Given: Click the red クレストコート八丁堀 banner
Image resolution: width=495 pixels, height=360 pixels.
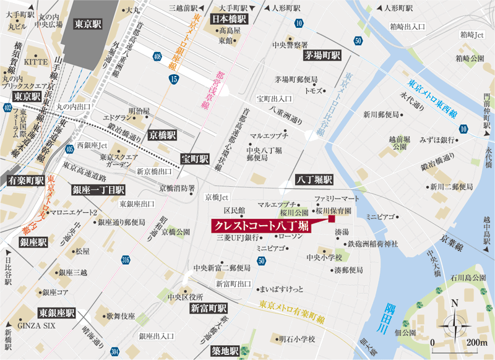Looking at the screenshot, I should [x=260, y=226].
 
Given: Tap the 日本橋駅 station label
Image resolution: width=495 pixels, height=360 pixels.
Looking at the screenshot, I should [x=230, y=19].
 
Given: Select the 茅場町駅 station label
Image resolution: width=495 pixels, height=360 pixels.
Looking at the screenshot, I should [x=322, y=55].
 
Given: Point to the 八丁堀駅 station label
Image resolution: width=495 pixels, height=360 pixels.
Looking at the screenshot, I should [x=314, y=179].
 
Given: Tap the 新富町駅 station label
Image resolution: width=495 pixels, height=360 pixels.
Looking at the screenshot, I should [x=208, y=308].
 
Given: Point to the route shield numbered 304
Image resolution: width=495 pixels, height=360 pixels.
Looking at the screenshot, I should [x=114, y=351].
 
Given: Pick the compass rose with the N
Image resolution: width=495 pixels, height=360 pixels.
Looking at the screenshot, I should [x=455, y=320].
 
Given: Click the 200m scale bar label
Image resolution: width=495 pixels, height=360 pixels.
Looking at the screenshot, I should [x=478, y=342].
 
